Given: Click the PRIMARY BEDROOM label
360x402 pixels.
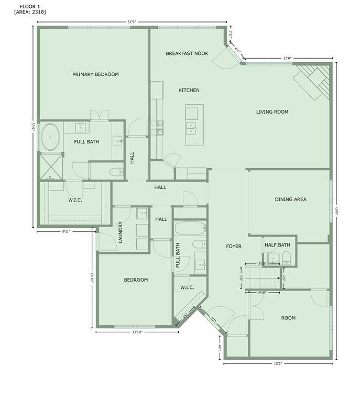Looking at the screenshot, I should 95,74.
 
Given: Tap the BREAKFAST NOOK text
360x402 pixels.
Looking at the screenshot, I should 187,53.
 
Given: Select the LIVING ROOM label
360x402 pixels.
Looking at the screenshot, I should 272,111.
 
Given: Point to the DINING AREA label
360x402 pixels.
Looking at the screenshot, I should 290,199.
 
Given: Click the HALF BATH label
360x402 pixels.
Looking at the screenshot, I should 277,245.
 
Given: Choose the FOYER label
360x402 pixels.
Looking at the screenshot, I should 234,246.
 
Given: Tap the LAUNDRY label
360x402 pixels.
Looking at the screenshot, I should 121,232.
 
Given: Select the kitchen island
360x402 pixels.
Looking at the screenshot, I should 192,126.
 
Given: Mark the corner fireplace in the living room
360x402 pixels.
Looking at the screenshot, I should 314,80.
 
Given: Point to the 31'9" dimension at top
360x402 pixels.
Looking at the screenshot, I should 132,22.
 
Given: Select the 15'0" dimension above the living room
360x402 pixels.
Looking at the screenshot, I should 287,59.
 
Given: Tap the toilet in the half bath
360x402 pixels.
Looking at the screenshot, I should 286,256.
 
